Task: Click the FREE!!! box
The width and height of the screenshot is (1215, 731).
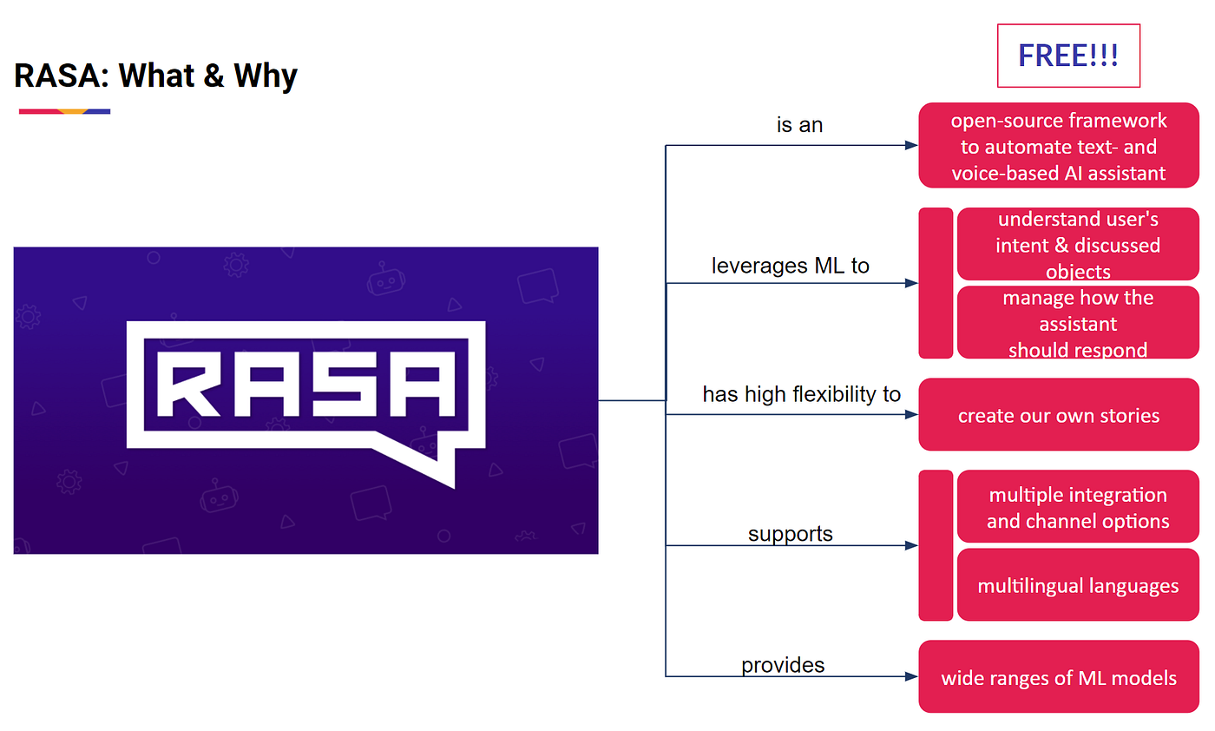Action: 1068,56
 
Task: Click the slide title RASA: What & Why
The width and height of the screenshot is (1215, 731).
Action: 156,76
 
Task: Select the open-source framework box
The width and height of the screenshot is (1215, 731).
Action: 1059,146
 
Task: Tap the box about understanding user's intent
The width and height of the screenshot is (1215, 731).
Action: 1078,245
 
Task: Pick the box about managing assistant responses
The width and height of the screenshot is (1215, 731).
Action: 1078,323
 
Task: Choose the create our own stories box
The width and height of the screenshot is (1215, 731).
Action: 1059,415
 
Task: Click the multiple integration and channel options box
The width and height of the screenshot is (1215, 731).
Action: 1078,507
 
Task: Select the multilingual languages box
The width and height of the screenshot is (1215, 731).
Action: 1078,585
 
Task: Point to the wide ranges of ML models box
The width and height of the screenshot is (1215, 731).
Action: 1059,677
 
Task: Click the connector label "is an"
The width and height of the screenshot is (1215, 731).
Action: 799,125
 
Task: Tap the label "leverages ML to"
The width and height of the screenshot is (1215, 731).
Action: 790,266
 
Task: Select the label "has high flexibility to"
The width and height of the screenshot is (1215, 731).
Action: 801,394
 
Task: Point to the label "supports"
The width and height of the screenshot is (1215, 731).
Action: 790,533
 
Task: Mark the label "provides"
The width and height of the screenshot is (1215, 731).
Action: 783,665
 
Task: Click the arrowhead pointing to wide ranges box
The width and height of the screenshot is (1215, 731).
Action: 911,676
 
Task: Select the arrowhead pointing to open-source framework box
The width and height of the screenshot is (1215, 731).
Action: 911,146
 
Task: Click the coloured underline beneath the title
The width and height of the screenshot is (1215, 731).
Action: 64,111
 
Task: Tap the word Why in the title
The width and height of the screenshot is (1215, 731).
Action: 265,76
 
